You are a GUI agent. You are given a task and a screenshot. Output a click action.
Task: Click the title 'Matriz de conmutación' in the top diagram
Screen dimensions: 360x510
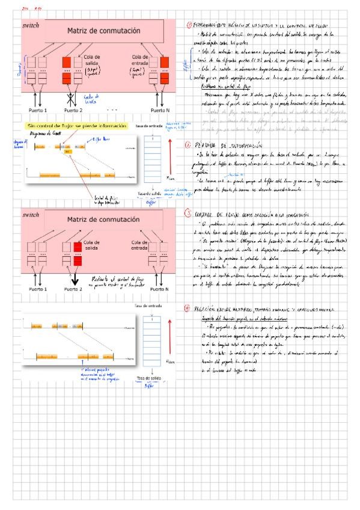click(103, 31)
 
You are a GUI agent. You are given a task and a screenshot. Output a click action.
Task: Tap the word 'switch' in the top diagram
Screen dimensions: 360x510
click(30, 26)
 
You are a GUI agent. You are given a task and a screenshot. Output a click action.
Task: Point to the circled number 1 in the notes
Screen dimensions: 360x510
click(188, 25)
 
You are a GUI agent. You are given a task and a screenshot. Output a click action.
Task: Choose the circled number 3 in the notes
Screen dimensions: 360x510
click(188, 212)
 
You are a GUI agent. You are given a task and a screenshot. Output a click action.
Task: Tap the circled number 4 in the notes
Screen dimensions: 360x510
click(188, 308)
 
